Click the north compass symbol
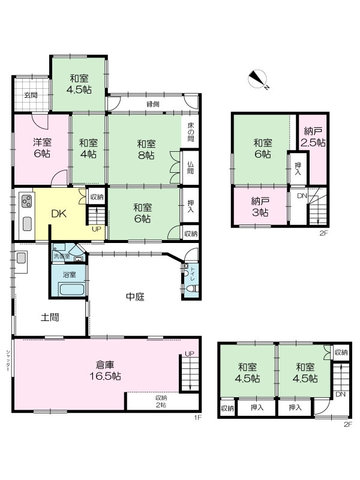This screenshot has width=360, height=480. click(258, 79)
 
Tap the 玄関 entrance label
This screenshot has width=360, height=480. click(31, 95)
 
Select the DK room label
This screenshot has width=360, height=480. click(59, 214)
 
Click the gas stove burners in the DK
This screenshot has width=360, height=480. click(26, 201)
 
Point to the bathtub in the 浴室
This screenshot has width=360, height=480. click(71, 290)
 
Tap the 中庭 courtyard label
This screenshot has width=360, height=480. click(136, 296)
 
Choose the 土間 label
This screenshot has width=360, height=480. click(50, 317)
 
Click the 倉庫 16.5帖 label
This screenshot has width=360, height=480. click(105, 370)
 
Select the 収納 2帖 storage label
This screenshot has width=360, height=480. click(161, 401)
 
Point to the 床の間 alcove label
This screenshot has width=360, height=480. click(190, 131)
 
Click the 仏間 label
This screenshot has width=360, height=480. click(190, 167)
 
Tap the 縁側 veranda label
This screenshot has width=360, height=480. click(153, 104)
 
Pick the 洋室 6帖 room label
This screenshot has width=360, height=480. click(42, 148)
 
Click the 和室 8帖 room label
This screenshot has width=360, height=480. click(146, 149)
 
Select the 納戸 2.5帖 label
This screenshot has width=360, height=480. click(313, 137)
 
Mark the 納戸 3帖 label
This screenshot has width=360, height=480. click(260, 206)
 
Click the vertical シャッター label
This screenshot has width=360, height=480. click(8, 361)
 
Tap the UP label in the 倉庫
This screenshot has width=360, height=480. click(190, 353)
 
